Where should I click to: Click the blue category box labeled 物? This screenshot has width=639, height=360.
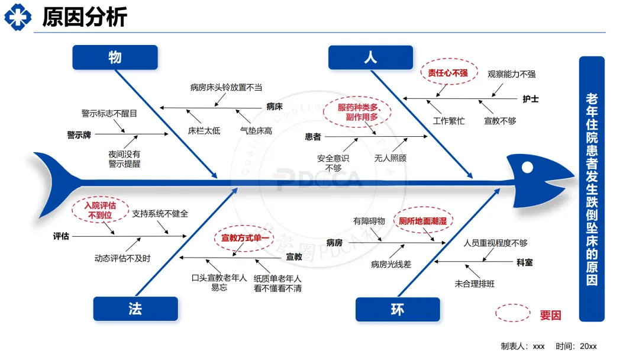(115, 57)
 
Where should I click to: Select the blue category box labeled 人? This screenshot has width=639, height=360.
(371, 57)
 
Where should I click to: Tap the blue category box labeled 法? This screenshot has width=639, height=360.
(135, 308)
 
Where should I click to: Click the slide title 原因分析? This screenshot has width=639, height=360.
(84, 17)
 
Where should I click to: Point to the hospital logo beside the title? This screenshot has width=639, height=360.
(18, 17)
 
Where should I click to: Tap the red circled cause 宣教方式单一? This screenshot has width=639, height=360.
(245, 238)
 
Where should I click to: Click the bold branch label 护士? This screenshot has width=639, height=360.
(531, 99)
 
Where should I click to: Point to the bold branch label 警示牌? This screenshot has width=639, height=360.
(79, 134)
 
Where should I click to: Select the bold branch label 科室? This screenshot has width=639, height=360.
(524, 262)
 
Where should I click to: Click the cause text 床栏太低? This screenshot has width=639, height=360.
(204, 130)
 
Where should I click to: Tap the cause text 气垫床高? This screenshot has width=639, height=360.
(256, 130)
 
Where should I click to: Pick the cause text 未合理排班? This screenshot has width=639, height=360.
(475, 284)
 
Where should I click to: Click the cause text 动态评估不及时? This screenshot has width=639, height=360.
(122, 258)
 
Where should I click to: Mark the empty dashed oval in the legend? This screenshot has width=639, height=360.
(512, 313)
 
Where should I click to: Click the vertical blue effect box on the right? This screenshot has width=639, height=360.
(592, 189)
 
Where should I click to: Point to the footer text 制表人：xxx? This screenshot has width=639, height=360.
(522, 346)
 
